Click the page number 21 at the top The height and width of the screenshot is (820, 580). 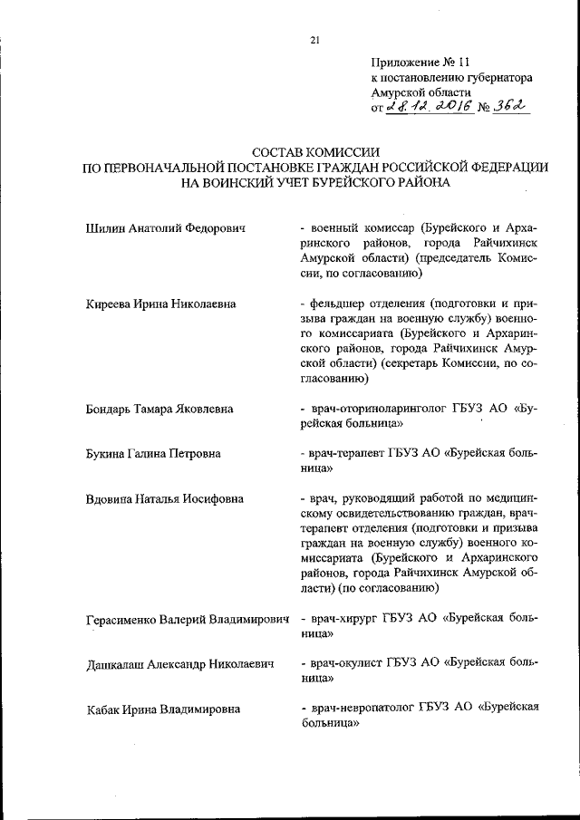314,39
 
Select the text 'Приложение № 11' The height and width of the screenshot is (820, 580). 421,63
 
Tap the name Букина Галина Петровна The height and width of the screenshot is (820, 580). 153,454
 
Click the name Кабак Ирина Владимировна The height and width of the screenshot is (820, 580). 159,709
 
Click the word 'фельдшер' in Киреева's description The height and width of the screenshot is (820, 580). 339,304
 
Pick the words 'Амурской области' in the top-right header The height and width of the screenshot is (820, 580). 421,92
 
